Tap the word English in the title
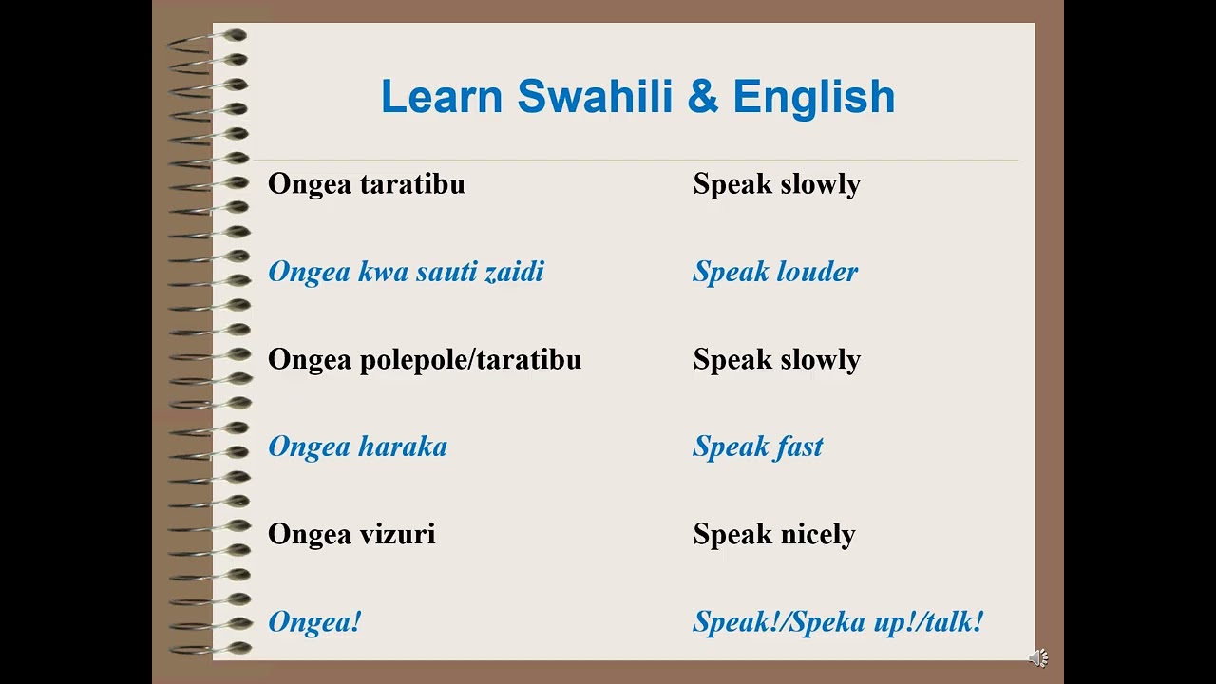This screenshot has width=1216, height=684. coord(813,97)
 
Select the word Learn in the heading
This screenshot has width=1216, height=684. coord(443,97)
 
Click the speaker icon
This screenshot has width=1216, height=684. coord(1038,657)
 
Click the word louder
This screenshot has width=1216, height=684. coord(816,272)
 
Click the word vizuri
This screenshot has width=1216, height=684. coord(397,534)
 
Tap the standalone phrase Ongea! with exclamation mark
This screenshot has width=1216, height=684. coord(314,622)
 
